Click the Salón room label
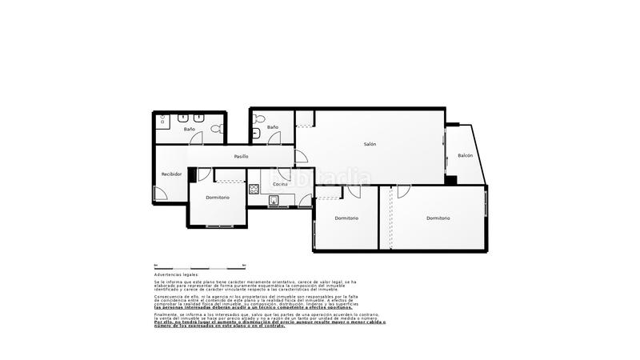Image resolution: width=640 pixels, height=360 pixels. pyautogui.click(x=370, y=144)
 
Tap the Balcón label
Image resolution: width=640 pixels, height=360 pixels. pyautogui.click(x=465, y=155)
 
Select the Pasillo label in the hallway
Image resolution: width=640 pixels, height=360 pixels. pyautogui.click(x=241, y=157)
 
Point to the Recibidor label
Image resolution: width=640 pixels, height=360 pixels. pyautogui.click(x=171, y=174)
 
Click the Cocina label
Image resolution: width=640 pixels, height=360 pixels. pyautogui.click(x=280, y=185)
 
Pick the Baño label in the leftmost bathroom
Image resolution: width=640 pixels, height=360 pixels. pyautogui.click(x=190, y=129)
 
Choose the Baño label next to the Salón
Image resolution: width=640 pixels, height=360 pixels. pyautogui.click(x=273, y=127)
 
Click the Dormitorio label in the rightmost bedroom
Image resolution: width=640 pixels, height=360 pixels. pyautogui.click(x=438, y=218)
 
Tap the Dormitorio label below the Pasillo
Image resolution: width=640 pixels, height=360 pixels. pyautogui.click(x=218, y=197)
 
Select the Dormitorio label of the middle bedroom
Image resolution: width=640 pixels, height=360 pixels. pyautogui.click(x=346, y=218)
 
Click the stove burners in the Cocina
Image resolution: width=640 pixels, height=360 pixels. pyautogui.click(x=254, y=189)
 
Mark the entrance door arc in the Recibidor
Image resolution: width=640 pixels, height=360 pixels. pyautogui.click(x=161, y=194)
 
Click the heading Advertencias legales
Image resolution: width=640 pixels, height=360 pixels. pyautogui.click(x=176, y=274)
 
